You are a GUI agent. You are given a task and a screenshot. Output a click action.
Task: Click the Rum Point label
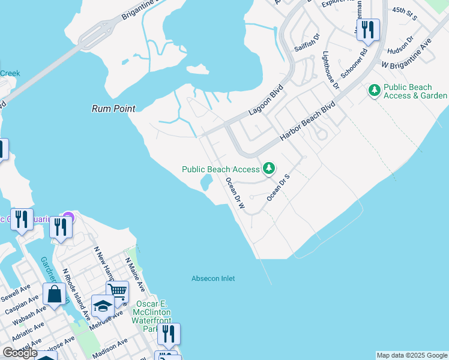[x=113, y=109]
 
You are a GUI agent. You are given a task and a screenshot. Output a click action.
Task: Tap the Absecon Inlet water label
[x=213, y=278]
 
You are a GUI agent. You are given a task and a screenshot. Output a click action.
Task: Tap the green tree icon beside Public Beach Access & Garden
[x=375, y=90]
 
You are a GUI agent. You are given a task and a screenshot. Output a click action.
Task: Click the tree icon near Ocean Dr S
[x=269, y=169]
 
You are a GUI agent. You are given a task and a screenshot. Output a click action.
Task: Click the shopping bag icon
[x=55, y=295]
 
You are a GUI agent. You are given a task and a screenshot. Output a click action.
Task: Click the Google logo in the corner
[x=20, y=353]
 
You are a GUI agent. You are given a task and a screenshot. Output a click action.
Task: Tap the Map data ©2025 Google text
[x=412, y=355]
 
